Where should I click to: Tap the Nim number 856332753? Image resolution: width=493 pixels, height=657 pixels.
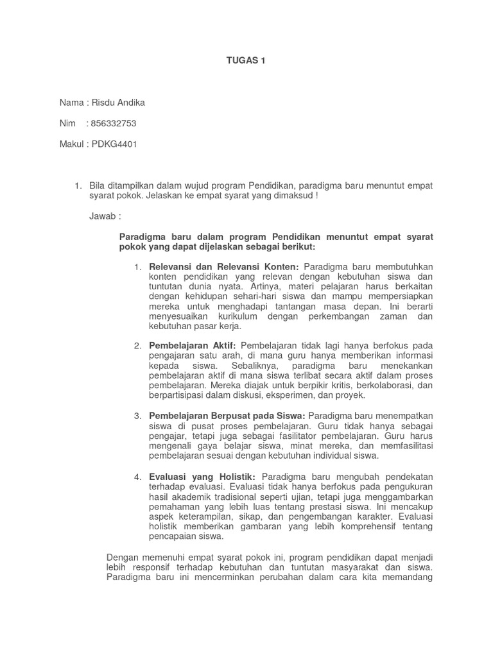(x=114, y=123)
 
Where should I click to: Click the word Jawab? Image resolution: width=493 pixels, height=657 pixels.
(x=104, y=216)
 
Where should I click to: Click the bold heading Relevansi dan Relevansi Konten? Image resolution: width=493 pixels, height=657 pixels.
(x=224, y=266)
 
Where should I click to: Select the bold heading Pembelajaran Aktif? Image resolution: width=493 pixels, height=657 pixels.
(x=193, y=346)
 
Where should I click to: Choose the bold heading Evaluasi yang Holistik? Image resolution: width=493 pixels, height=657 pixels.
(x=202, y=476)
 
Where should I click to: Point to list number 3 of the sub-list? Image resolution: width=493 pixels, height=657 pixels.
(x=137, y=416)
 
